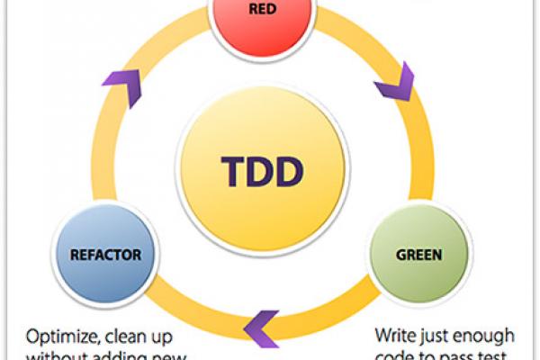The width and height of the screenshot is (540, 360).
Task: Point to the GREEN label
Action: click(x=418, y=255)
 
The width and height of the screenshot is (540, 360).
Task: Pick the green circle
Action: click(x=419, y=255)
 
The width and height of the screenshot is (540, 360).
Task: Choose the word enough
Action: click(x=489, y=337)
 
